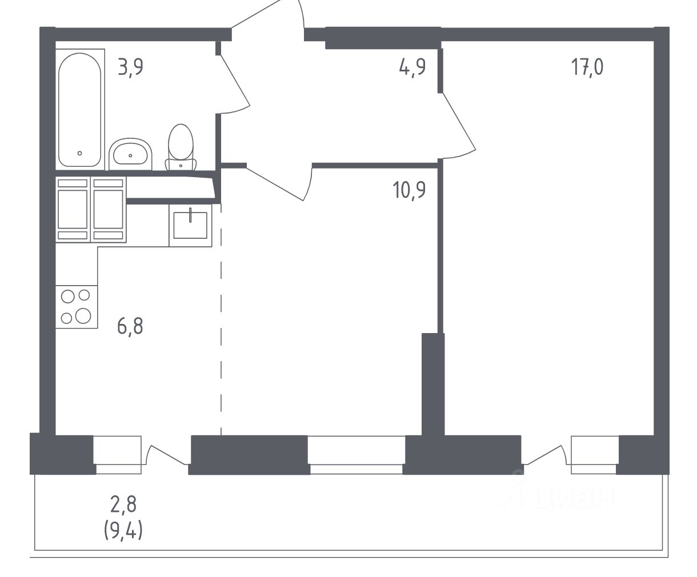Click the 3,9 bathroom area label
click(130, 67)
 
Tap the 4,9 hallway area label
click(412, 67)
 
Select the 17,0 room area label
click(587, 67)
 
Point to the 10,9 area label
click(409, 190)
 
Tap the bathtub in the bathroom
click(80, 110)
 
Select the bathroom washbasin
click(130, 154)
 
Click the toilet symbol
click(181, 147)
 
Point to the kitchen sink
click(190, 226)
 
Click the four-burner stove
click(77, 307)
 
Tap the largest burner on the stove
click(83, 316)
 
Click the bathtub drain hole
click(79, 153)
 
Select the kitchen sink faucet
click(190, 215)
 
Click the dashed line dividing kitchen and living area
click(221, 319)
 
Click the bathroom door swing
click(235, 84)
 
